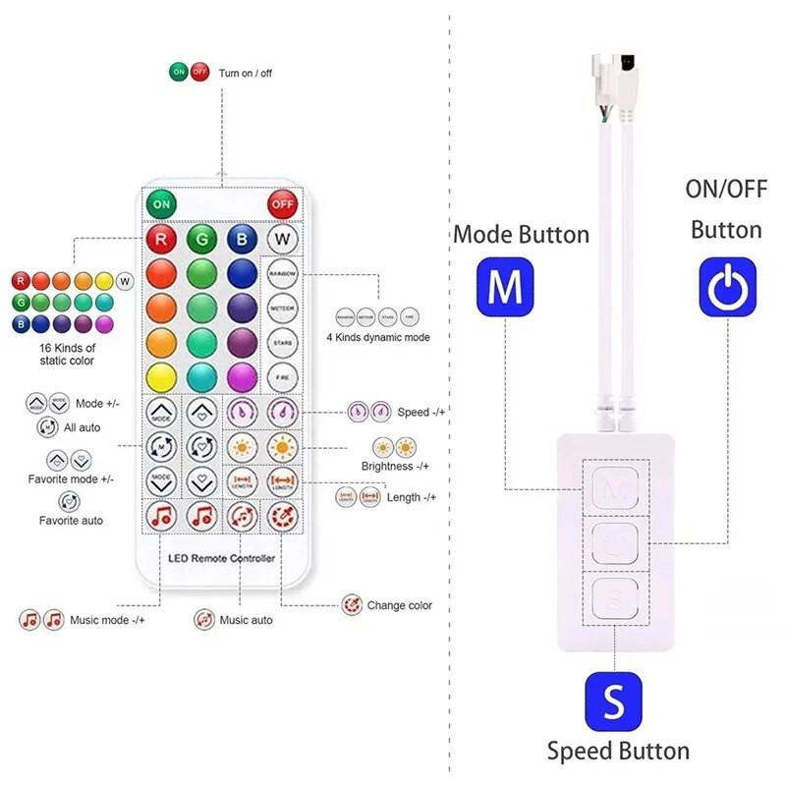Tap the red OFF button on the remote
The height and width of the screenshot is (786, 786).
coord(282,205)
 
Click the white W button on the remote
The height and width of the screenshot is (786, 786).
coord(282,239)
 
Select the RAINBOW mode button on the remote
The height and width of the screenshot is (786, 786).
coord(282,274)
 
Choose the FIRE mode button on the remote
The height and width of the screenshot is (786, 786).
coord(282,377)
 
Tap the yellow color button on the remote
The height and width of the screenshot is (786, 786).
coord(160,377)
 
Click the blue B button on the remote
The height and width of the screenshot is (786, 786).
coord(241,239)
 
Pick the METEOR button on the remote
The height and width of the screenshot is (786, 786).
coord(282,309)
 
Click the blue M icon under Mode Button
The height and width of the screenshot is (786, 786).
coord(505,286)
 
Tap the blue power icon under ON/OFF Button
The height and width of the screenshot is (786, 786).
coord(727,286)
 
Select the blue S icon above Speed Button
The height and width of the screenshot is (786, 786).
coord(613,702)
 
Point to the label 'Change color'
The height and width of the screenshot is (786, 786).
coord(400,605)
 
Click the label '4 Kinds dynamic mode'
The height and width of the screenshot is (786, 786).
coord(378,337)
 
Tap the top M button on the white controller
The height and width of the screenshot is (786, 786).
coord(614,485)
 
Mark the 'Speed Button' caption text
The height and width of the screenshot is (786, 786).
coord(618,752)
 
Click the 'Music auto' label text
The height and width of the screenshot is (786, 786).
coord(246,620)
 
